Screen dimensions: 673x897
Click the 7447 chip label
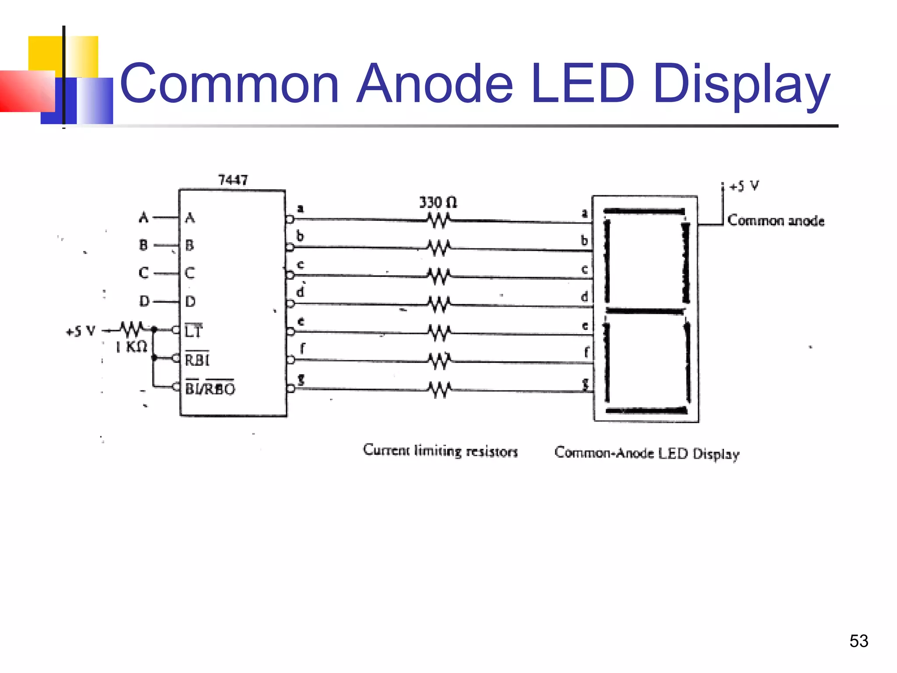233,180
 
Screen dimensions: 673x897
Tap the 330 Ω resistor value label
438,202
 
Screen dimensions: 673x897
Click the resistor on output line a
438,220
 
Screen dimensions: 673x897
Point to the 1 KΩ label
131,347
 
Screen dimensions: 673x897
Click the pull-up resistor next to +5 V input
131,329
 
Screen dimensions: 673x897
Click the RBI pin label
197,360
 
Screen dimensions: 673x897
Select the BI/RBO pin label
210,388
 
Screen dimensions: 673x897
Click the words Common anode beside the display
776,220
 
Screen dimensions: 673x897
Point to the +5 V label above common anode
744,186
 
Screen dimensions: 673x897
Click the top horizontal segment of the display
644,212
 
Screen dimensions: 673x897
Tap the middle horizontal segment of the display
644,311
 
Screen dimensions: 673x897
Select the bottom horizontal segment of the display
646,411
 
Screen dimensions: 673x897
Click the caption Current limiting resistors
440,451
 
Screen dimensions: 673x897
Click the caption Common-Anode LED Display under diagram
646,453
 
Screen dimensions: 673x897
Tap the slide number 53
858,641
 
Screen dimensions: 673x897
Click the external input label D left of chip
144,301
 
